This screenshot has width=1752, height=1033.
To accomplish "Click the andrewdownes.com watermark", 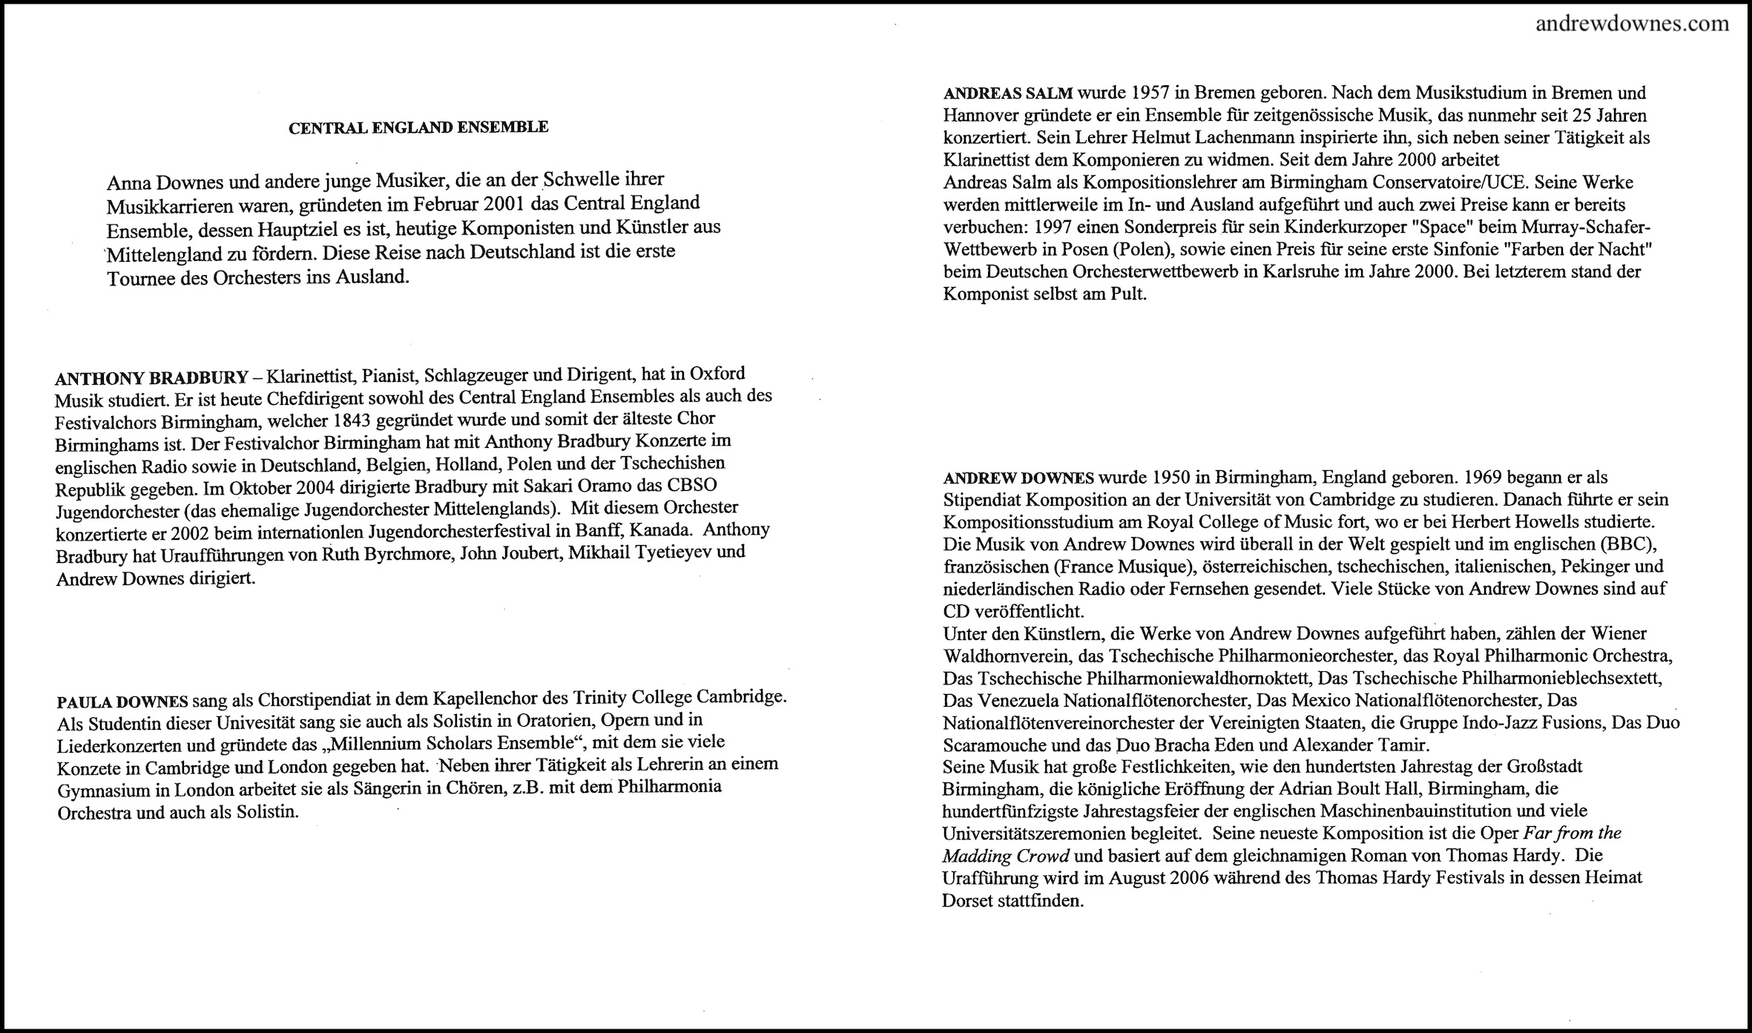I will pos(1632,24).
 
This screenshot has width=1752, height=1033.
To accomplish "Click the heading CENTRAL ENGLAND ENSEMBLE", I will pos(418,128).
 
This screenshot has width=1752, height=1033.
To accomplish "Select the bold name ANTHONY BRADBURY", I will pos(151,378).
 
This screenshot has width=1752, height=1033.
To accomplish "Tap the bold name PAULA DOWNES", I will pos(122,702).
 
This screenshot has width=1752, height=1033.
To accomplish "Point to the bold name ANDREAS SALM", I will pos(1007,93).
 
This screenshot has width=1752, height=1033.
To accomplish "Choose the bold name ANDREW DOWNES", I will pos(1018,478).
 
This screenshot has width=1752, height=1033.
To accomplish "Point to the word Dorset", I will pos(968,902).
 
